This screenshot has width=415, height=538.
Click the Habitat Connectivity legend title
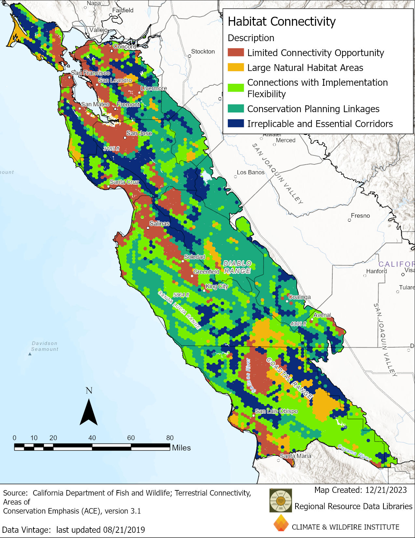[281, 22]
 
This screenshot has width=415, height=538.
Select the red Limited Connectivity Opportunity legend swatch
[236, 52]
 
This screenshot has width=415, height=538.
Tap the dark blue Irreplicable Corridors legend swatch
[236, 123]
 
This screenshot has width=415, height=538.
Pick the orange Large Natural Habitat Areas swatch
[236, 67]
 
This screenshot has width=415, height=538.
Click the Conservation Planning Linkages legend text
[313, 109]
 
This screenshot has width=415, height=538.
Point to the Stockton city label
[203, 52]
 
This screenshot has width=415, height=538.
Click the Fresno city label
[360, 216]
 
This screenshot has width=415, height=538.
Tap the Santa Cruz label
[124, 182]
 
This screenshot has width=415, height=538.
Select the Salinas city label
[159, 223]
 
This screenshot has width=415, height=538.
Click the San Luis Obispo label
[276, 411]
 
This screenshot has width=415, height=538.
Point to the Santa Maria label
[296, 456]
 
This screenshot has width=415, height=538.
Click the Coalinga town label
[299, 297]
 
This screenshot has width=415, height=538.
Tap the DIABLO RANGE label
[237, 267]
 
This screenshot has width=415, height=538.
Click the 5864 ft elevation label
[181, 295]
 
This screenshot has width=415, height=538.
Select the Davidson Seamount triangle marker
[30, 354]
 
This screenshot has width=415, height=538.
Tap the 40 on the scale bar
[92, 438]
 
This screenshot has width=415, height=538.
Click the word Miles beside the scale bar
[181, 448]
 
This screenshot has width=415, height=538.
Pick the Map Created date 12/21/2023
[386, 490]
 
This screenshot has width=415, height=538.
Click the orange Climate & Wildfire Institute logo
[281, 523]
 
